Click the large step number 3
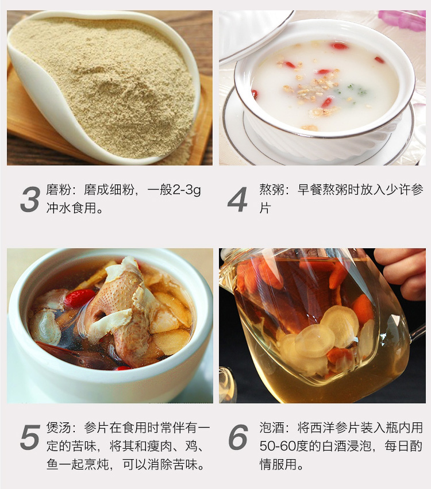(30, 199)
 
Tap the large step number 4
(238, 199)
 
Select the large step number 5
(30, 437)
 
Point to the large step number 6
(238, 437)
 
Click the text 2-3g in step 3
(187, 190)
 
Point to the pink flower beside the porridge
(402, 20)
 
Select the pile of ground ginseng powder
(103, 84)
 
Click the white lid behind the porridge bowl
(254, 34)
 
